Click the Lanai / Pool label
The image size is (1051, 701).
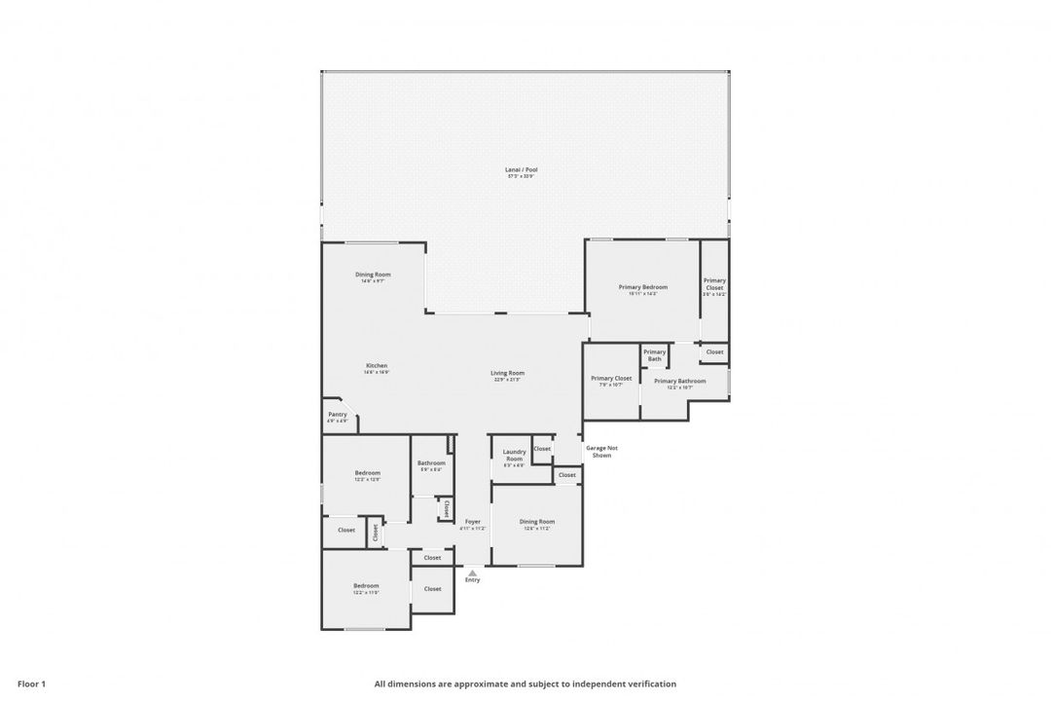(x=523, y=169)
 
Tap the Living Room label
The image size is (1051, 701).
(x=507, y=373)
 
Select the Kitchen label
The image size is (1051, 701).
(x=377, y=366)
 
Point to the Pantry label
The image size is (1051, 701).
(x=338, y=415)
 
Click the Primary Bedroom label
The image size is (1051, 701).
(x=643, y=287)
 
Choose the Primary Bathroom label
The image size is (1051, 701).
(x=679, y=381)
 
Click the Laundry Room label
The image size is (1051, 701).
(x=514, y=455)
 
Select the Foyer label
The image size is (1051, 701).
(x=472, y=522)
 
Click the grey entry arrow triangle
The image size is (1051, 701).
(x=472, y=572)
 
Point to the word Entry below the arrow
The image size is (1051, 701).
(x=472, y=580)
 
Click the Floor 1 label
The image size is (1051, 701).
(x=31, y=683)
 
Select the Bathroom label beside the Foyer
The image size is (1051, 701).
(x=431, y=463)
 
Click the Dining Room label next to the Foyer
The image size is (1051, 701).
(x=537, y=522)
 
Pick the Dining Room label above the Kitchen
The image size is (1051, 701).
(x=373, y=275)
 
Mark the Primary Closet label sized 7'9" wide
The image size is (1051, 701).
(x=611, y=378)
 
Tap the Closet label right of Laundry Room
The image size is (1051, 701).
(x=542, y=449)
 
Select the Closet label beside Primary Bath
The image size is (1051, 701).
(x=714, y=351)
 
